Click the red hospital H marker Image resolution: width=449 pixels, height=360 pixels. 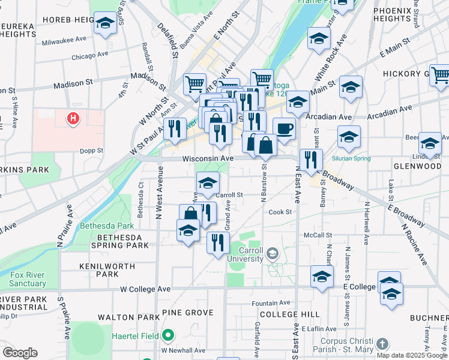pos(73,119)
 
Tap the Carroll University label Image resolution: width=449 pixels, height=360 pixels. pos(246,254)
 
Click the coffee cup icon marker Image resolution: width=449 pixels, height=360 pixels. pos(285,128)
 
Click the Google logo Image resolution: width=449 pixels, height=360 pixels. pos(20,353)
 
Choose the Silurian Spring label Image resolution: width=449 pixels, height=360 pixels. pos(351,158)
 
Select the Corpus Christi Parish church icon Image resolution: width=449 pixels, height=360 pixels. pos(382,344)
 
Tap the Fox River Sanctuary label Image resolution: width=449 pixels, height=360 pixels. pos(28,279)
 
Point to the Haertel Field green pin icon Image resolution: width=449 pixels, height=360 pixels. pos(168,335)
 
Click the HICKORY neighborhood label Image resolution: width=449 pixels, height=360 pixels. pos(420,74)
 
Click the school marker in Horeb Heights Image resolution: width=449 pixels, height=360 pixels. pos(106,24)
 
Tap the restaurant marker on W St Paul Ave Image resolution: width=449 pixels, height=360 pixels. pos(175,129)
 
